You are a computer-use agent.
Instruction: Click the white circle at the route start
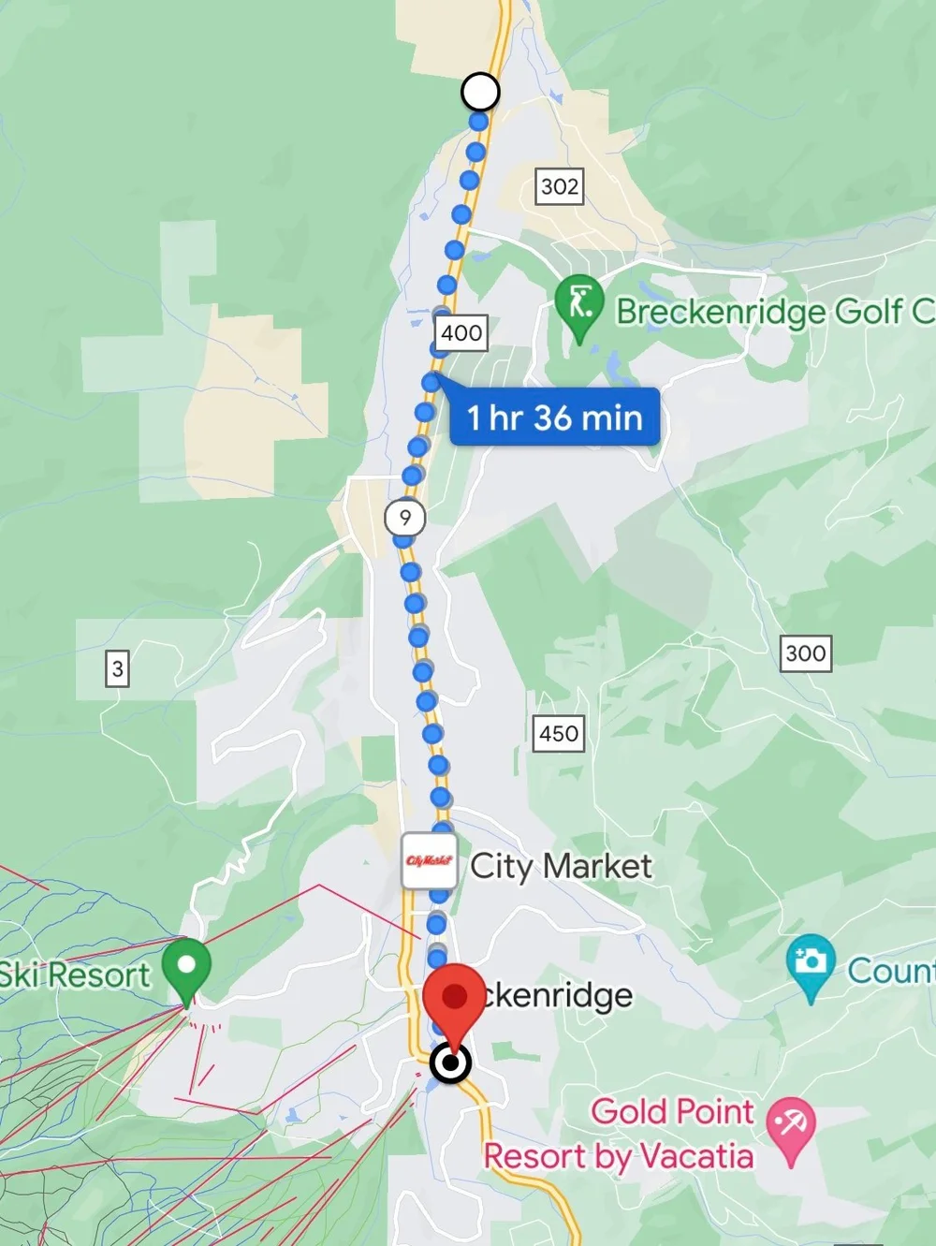480,92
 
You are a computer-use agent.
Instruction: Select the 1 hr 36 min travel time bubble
555,418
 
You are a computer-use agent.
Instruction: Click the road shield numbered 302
560,186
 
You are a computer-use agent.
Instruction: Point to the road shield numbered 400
461,332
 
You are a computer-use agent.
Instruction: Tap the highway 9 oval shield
405,518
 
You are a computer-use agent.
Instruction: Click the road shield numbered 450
559,733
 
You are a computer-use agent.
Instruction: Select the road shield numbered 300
806,653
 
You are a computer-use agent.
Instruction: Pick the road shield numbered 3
117,668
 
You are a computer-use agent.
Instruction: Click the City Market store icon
430,861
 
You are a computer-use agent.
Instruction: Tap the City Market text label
561,867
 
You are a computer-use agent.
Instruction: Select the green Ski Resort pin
186,968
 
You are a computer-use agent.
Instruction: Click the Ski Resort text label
75,975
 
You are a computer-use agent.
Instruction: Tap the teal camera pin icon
811,964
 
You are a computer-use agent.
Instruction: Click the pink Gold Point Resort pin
791,1126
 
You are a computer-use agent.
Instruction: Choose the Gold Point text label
672,1112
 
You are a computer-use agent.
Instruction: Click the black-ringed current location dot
452,1063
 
